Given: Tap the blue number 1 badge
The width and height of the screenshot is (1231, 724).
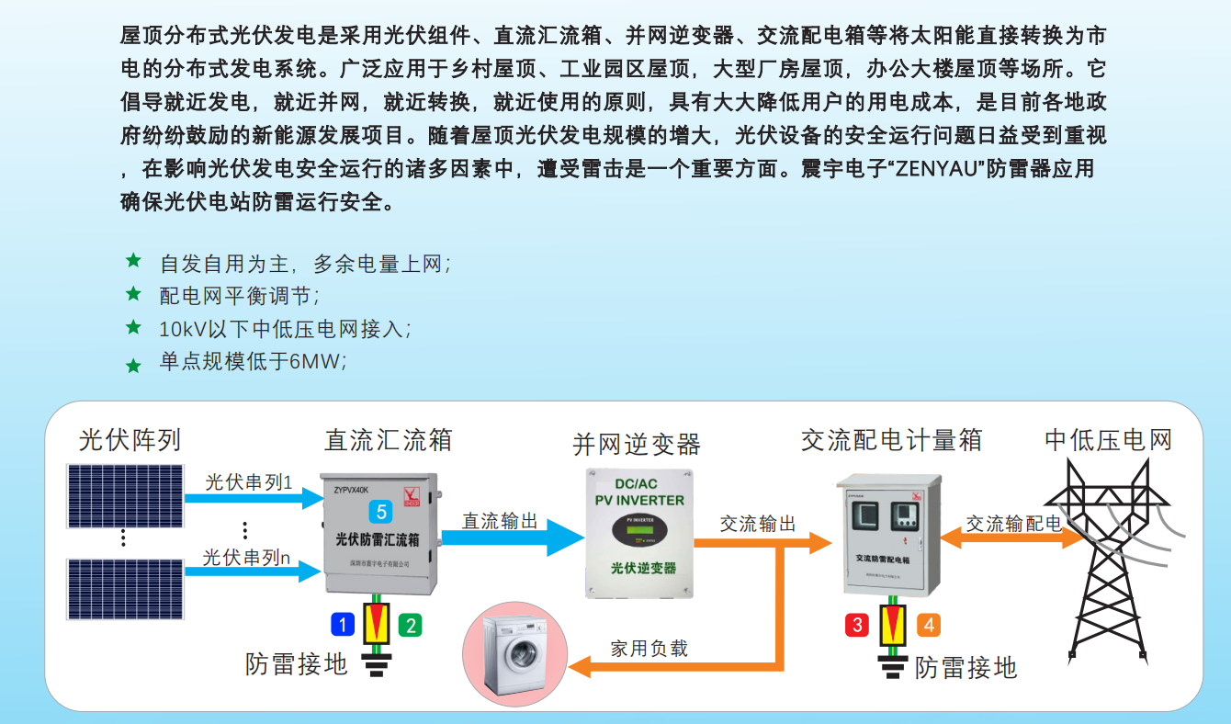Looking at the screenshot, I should point(343,626).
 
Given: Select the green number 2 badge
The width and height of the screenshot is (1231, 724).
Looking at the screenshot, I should point(410,626).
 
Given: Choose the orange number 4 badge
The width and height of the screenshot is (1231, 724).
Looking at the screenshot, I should point(928,625).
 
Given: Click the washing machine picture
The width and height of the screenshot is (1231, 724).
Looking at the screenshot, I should point(515,653).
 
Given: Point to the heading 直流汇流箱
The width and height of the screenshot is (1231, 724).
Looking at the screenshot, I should point(388,440).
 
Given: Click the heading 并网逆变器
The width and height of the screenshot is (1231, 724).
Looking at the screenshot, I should point(637,445).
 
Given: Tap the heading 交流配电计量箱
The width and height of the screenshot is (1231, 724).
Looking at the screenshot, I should point(891,440).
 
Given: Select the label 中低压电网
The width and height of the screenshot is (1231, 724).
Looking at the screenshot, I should point(1108,440).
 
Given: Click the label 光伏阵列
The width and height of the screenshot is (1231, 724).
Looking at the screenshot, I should point(130,440).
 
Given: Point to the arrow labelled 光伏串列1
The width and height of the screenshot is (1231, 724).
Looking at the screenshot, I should point(249,498).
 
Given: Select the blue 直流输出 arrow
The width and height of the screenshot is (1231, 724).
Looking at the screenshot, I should point(510,537).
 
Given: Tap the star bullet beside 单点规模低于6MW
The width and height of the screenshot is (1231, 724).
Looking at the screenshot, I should point(133,366).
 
